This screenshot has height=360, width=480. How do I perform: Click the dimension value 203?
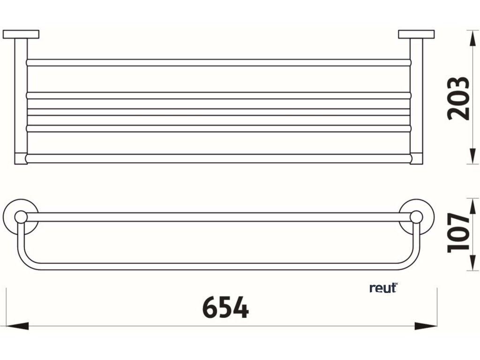[x=458, y=98]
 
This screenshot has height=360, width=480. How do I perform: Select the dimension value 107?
[x=458, y=233]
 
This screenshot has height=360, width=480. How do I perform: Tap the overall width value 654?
[x=225, y=308]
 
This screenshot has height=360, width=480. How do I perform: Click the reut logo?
[x=383, y=288]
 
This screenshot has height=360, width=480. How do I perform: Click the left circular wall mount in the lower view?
[x=20, y=217]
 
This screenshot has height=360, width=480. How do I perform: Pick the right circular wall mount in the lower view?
[x=416, y=217]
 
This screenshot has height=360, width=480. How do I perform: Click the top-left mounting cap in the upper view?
[x=21, y=34]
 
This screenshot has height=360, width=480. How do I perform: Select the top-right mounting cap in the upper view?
[x=416, y=34]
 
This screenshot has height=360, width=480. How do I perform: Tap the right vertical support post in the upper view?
[x=416, y=98]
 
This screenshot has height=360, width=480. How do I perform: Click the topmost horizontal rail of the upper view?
[x=218, y=62]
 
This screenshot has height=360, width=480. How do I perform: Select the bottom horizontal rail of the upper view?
[x=218, y=158]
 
